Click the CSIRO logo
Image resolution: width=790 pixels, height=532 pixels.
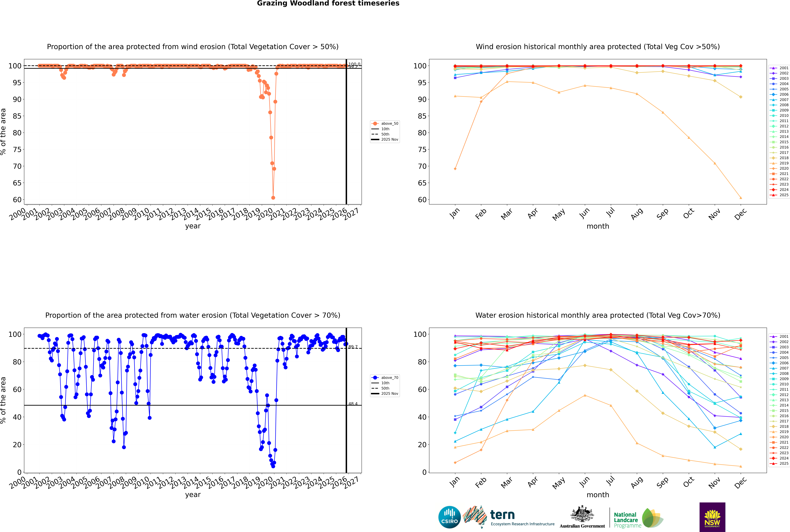[449, 517]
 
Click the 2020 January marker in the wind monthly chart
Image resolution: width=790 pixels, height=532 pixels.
[455, 169]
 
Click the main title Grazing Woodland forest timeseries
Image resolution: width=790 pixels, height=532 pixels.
[328, 3]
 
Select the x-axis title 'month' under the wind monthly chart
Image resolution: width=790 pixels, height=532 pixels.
[598, 226]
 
